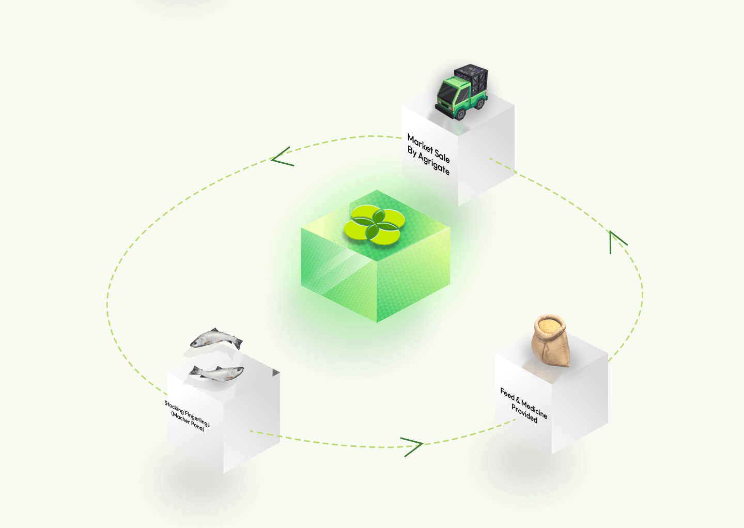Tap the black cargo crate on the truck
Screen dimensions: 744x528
click(472, 77)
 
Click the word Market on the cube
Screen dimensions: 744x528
click(421, 144)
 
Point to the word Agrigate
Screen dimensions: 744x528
click(434, 163)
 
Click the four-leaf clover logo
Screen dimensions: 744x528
click(374, 225)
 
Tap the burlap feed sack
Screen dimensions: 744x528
click(550, 340)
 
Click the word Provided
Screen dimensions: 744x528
click(524, 414)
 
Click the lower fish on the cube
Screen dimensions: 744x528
click(216, 373)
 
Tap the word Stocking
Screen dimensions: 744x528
click(174, 407)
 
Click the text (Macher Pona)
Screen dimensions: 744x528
click(188, 421)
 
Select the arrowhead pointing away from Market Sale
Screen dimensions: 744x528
click(282, 157)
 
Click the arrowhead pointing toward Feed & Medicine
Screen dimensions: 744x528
click(412, 447)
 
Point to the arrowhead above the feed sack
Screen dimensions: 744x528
click(618, 242)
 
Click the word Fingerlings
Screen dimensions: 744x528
click(197, 418)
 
